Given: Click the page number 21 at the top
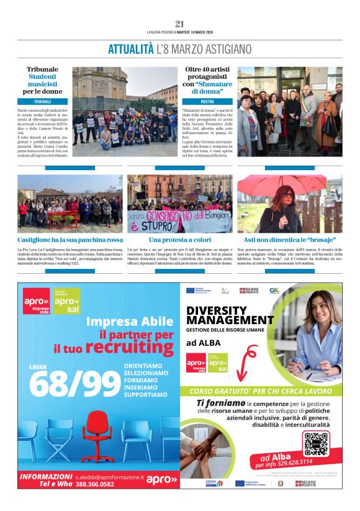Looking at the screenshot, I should (179, 24).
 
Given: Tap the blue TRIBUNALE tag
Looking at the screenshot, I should (43, 101).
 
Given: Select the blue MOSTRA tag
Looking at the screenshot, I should (207, 101).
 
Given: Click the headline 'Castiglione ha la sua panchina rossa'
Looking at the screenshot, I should (70, 240).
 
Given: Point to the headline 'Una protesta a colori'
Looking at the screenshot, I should (179, 240).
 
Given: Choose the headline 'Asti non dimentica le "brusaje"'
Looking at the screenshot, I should (289, 240).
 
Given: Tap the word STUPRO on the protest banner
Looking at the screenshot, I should (154, 225).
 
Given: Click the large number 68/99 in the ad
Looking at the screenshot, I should (75, 383).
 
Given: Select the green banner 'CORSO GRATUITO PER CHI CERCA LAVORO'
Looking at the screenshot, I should (261, 392).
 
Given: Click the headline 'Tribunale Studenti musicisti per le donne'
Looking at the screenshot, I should (43, 80).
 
